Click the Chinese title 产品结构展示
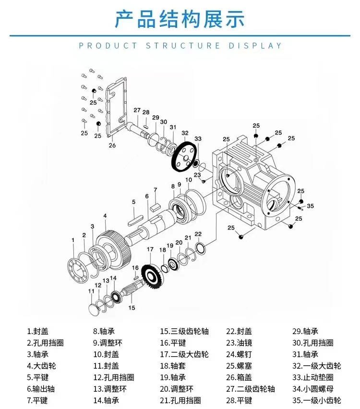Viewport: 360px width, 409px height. click(180, 19)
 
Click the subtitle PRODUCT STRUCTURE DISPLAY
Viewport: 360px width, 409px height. click(180, 46)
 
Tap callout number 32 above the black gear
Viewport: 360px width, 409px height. click(185, 133)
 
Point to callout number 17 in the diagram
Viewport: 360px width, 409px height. click(150, 249)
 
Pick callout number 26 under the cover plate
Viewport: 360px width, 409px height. click(112, 145)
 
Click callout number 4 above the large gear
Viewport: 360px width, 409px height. click(105, 216)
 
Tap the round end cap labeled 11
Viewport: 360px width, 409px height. click(96, 307)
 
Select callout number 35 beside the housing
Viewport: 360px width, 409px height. click(311, 206)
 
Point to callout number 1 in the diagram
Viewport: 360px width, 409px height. click(73, 240)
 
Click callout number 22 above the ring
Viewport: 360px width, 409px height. click(198, 234)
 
